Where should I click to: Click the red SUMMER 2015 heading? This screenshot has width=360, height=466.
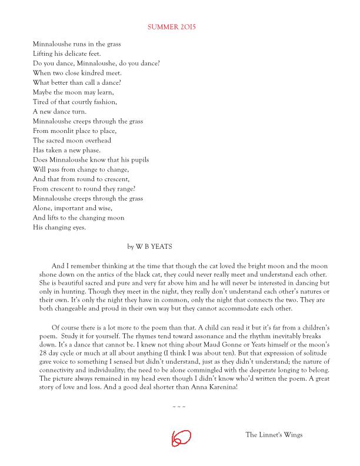click(171, 27)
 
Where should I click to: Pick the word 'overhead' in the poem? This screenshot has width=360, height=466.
click(96, 141)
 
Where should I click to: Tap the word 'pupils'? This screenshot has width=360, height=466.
click(137, 160)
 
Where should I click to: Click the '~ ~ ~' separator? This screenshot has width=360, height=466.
click(179, 407)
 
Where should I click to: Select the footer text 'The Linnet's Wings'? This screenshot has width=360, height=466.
click(274, 435)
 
